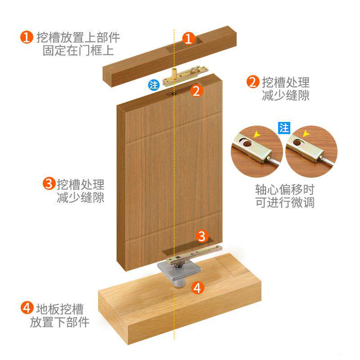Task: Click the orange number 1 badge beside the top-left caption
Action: [x=27, y=37]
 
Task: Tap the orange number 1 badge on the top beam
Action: [x=189, y=38]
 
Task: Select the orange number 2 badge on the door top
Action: [x=197, y=91]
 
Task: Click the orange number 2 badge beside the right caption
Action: [x=253, y=82]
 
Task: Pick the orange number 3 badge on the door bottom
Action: [x=202, y=236]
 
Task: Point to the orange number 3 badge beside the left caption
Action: [x=49, y=184]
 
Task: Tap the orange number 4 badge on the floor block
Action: [x=198, y=288]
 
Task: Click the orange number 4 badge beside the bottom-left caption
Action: [x=27, y=308]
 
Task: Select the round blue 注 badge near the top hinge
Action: [x=154, y=85]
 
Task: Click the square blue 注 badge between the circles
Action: [x=284, y=128]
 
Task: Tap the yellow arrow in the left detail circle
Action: [x=257, y=134]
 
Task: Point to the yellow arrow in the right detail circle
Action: [x=306, y=133]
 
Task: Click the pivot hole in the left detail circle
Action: [x=247, y=144]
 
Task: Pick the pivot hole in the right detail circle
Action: [x=297, y=143]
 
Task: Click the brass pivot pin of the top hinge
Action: [x=175, y=73]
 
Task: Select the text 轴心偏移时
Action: [x=285, y=189]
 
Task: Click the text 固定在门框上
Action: [x=78, y=50]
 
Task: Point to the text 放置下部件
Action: [x=60, y=322]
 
